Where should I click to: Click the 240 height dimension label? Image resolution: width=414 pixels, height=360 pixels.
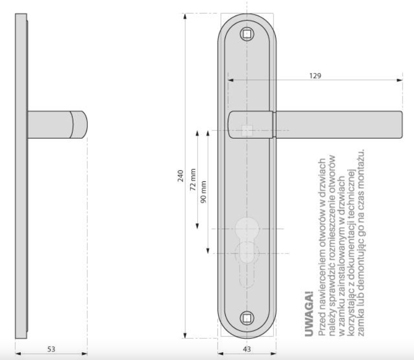click(x=180, y=176)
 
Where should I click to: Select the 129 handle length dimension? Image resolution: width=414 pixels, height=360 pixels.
click(x=315, y=76)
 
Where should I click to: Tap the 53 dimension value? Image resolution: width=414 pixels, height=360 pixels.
click(x=51, y=349)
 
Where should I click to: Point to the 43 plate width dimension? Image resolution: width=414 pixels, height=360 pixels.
click(x=247, y=349)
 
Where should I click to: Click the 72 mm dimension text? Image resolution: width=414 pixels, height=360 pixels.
click(x=193, y=179)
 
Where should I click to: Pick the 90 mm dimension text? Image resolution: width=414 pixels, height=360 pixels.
click(x=203, y=192)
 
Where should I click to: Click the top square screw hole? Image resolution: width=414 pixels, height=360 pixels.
click(x=247, y=34)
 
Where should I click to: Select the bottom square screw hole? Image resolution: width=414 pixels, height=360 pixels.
click(x=247, y=318)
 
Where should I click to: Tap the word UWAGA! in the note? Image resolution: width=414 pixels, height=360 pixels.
click(x=309, y=314)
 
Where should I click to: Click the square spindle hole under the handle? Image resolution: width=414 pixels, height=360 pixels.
click(x=247, y=130)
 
